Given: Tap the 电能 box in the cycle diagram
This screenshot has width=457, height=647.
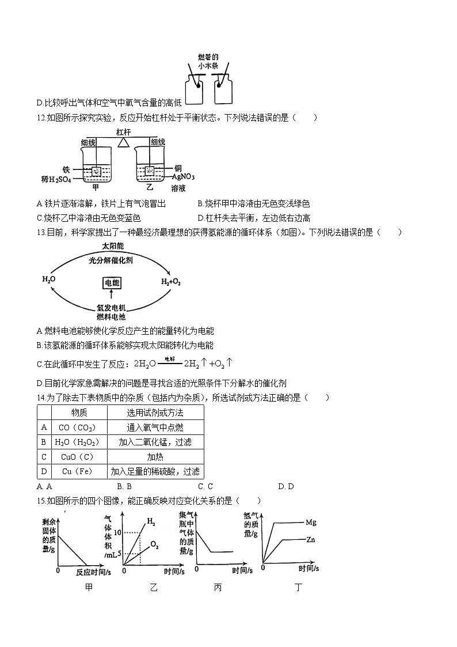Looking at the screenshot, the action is pyautogui.click(x=111, y=282).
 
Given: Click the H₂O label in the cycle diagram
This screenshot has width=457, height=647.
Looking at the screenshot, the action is pyautogui.click(x=49, y=279).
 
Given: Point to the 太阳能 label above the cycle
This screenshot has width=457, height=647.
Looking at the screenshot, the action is pyautogui.click(x=113, y=246).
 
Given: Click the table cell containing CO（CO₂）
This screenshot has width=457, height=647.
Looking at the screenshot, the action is pyautogui.click(x=77, y=427).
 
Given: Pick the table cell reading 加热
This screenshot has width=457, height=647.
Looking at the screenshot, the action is pyautogui.click(x=155, y=457).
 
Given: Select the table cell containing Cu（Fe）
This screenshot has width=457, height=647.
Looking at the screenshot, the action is pyautogui.click(x=77, y=471).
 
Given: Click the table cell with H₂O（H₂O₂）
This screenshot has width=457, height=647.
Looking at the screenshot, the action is pyautogui.click(x=77, y=442).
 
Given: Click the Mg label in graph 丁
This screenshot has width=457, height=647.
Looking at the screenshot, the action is pyautogui.click(x=311, y=523).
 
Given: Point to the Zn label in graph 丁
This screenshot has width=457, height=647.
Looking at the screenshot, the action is pyautogui.click(x=310, y=540).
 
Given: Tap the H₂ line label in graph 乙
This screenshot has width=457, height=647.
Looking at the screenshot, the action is pyautogui.click(x=151, y=522).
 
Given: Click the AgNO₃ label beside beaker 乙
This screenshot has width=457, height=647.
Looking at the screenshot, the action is pyautogui.click(x=183, y=177).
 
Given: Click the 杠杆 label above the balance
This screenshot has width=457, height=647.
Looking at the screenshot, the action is pyautogui.click(x=123, y=132).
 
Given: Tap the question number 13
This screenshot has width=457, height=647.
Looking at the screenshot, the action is pyautogui.click(x=40, y=232).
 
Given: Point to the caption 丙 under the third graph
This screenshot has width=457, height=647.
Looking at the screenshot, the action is pyautogui.click(x=218, y=587).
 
